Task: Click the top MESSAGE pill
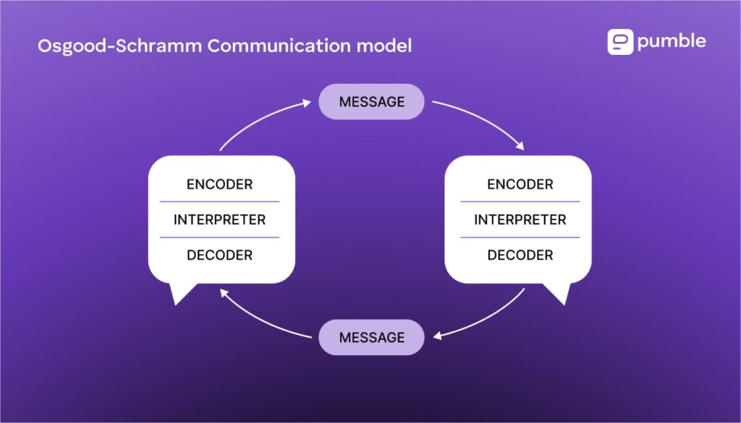pyautogui.click(x=371, y=102)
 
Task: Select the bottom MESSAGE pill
pyautogui.click(x=371, y=338)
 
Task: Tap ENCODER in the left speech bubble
pyautogui.click(x=219, y=184)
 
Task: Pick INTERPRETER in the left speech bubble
pyautogui.click(x=219, y=220)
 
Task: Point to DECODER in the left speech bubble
pyautogui.click(x=219, y=255)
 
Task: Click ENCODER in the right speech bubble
pyautogui.click(x=520, y=184)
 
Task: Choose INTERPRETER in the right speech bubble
pyautogui.click(x=520, y=220)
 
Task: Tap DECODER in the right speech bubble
pyautogui.click(x=520, y=255)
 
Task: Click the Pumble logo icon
pyautogui.click(x=620, y=42)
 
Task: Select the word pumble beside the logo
pyautogui.click(x=671, y=42)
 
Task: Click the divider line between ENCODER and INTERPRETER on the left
pyautogui.click(x=219, y=202)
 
